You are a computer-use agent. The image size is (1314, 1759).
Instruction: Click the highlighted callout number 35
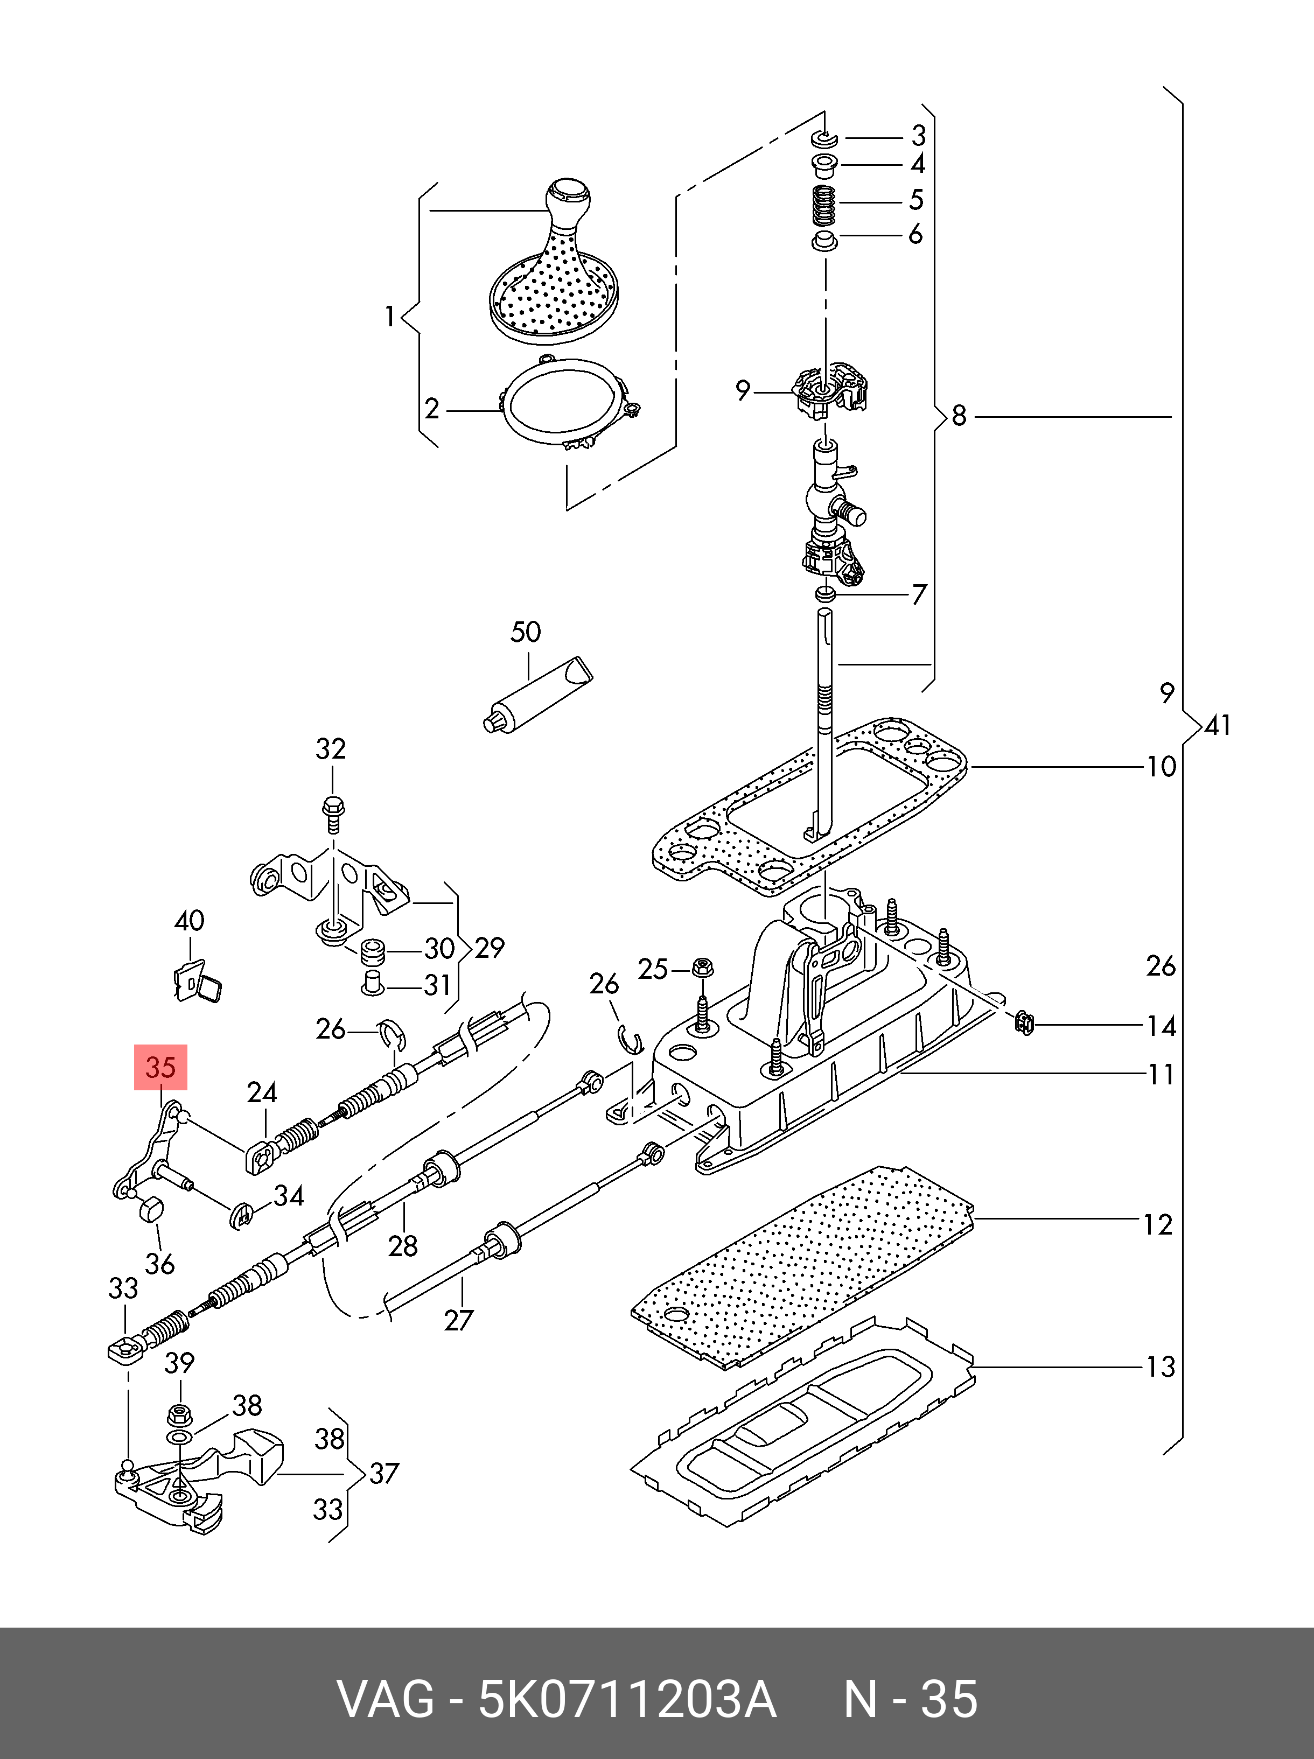160,1067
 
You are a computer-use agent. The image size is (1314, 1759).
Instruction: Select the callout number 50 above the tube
525,632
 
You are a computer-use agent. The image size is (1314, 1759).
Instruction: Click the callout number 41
1218,725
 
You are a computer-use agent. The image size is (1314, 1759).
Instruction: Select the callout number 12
1158,1224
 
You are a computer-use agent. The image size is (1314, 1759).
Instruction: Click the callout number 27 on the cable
458,1320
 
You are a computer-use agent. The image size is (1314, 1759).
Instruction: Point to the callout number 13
1159,1367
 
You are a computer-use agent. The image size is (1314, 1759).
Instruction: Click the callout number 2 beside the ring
432,409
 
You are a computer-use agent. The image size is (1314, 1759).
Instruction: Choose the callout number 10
1161,767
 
